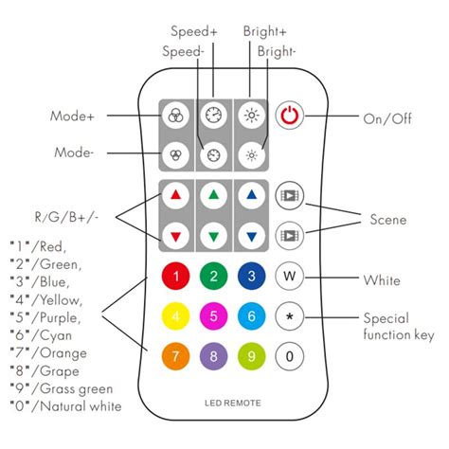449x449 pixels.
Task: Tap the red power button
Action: (x=289, y=118)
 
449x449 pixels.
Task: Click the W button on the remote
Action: (x=289, y=278)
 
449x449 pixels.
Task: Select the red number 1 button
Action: (x=175, y=278)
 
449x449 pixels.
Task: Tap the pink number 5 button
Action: (x=214, y=315)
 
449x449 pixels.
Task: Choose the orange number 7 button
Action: (x=175, y=356)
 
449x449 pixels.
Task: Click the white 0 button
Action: (x=289, y=356)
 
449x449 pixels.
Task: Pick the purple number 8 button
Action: (x=214, y=356)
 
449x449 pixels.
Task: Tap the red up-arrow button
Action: (x=175, y=196)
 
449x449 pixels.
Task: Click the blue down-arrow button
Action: (x=252, y=236)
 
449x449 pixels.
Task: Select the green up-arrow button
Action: (x=214, y=196)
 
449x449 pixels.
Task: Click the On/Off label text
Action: (x=387, y=118)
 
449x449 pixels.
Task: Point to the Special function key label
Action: (x=399, y=326)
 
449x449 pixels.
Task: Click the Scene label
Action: (x=387, y=219)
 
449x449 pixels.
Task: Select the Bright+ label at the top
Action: (x=263, y=30)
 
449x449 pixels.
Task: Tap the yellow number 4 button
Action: (x=175, y=315)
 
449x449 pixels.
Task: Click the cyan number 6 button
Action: (x=252, y=315)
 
